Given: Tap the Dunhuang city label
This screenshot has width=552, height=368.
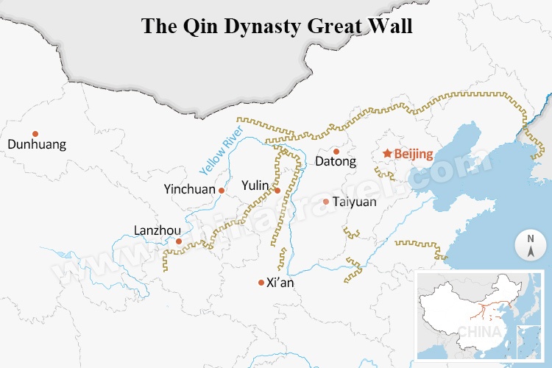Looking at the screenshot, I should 37,144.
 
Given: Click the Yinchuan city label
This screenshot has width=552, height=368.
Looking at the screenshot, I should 190,189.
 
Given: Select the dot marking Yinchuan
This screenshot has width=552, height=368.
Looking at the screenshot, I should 222,190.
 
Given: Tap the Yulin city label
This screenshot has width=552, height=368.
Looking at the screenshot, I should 255,185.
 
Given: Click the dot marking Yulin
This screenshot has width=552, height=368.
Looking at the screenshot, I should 277,191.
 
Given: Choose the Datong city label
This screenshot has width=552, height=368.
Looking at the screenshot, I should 335,161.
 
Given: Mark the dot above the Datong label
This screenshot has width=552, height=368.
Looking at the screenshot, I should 336,150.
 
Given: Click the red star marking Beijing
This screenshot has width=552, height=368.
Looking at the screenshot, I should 386,154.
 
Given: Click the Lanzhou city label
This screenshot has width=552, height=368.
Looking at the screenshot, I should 158,230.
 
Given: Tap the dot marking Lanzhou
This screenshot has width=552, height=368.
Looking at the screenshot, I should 178,241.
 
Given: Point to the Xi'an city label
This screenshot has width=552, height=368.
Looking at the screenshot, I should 282,283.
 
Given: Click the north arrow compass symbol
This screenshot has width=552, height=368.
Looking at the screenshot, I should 530,246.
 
